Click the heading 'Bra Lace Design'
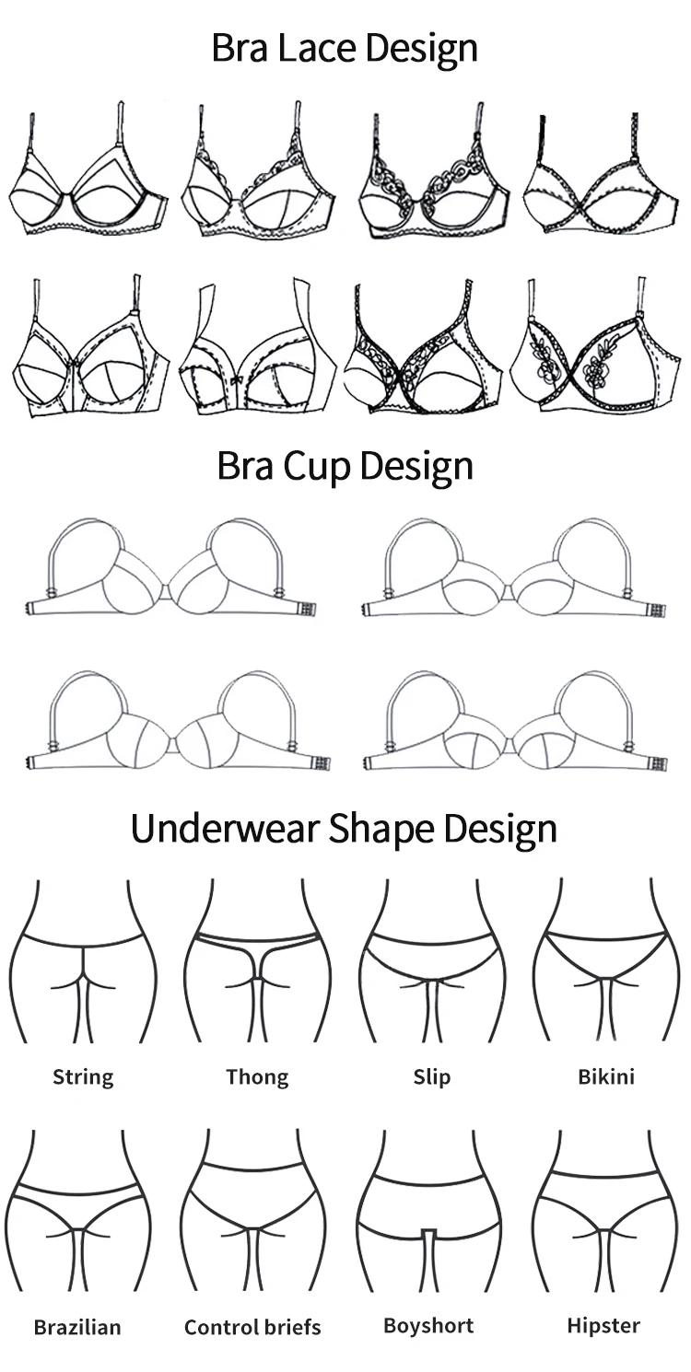(345, 48)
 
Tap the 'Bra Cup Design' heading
(345, 466)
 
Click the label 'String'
(83, 1077)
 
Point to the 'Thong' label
(257, 1077)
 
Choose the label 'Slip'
(431, 1076)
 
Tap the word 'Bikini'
(605, 1076)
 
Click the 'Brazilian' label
(77, 1327)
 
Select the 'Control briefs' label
(252, 1327)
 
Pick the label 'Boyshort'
(428, 1326)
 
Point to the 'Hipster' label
(603, 1326)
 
